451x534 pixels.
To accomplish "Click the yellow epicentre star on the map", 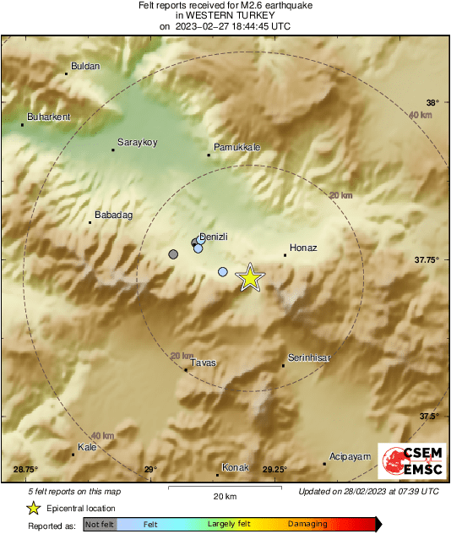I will [249, 277].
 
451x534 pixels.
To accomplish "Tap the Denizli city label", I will [215, 237].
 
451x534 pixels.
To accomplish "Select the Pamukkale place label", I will [236, 147].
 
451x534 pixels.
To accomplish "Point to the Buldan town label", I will [85, 66].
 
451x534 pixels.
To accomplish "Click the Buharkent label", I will [49, 117].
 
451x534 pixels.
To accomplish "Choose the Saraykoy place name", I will [138, 143].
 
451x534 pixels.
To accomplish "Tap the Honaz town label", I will [303, 248].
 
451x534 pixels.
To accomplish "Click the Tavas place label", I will [204, 362].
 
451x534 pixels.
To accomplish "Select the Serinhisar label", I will [309, 358].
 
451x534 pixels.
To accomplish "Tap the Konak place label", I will [236, 467].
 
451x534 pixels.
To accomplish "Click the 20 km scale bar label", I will [225, 496].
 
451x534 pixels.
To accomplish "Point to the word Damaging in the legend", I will [307, 524].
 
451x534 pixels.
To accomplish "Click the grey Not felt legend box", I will [100, 524].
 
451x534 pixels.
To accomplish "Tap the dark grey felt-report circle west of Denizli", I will [174, 253].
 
